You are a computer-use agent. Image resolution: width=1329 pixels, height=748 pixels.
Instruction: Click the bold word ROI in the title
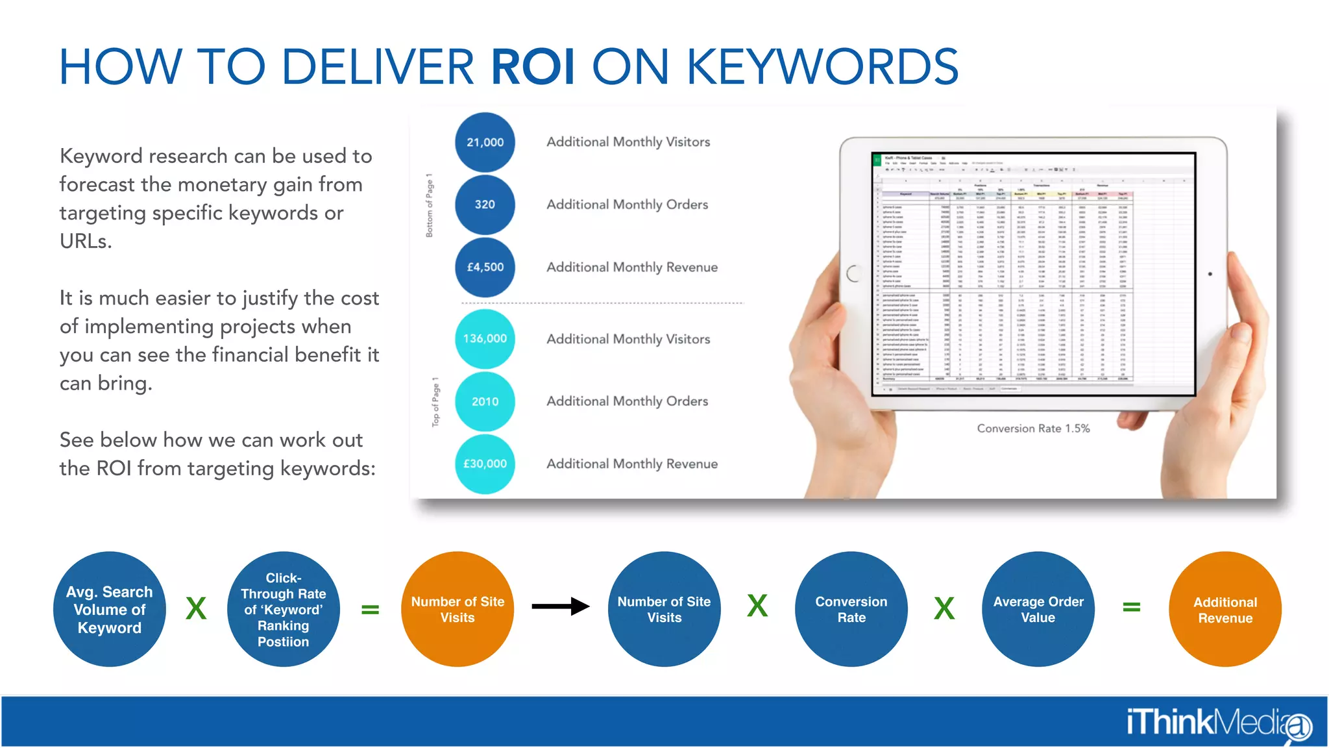click(533, 67)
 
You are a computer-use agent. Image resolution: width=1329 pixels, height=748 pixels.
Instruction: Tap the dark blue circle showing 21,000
click(485, 142)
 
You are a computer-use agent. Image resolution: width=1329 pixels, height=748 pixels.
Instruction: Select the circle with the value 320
click(485, 205)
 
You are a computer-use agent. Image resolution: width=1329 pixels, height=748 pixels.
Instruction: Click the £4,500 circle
click(485, 267)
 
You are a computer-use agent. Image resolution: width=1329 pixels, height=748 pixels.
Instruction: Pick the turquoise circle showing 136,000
click(485, 339)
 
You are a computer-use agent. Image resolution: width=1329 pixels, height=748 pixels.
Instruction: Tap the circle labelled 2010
click(485, 401)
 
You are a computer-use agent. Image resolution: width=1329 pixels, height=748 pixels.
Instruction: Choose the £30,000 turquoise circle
click(485, 464)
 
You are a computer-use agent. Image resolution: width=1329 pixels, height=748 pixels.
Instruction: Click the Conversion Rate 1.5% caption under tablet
click(1033, 429)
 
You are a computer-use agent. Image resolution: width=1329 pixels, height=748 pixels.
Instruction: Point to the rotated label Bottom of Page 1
click(429, 205)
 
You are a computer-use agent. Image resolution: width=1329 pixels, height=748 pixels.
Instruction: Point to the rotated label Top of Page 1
click(435, 402)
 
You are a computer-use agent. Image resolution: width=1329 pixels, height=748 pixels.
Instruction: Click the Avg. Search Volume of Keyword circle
click(109, 609)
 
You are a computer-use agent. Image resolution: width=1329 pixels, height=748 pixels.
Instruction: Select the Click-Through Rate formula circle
click(283, 609)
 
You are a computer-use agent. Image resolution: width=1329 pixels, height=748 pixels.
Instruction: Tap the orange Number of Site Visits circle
click(457, 609)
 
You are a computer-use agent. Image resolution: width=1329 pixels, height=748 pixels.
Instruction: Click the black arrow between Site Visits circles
click(560, 606)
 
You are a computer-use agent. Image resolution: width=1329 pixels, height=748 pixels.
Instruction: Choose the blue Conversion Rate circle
click(851, 609)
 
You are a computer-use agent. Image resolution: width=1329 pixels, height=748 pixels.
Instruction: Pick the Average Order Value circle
click(1038, 609)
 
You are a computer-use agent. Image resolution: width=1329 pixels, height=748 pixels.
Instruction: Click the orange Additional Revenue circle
click(1225, 609)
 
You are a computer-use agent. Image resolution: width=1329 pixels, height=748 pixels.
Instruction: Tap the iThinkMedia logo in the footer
click(1218, 723)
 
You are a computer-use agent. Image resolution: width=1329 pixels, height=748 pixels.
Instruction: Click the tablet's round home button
click(853, 273)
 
